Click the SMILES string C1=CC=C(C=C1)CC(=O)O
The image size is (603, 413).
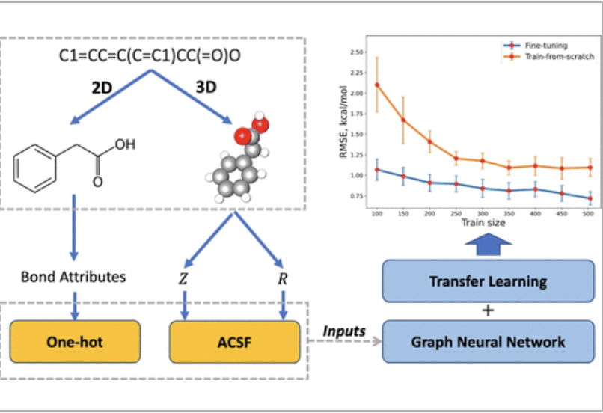pos(153,57)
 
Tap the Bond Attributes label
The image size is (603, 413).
pos(73,277)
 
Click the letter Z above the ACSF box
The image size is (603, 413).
pos(183,278)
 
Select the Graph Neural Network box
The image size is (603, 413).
pos(488,342)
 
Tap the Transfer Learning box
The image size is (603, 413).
pos(488,282)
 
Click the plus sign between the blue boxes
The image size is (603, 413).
pos(488,312)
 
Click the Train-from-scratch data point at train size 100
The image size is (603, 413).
pos(377,85)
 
